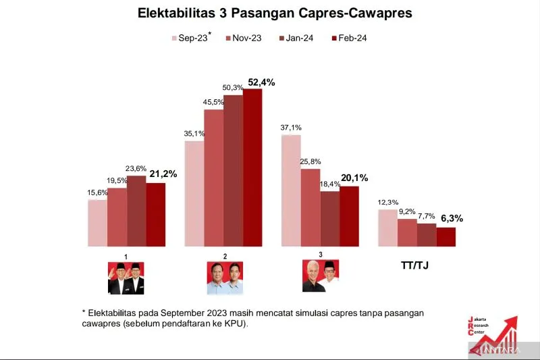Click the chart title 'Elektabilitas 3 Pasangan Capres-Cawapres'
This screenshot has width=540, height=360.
270,13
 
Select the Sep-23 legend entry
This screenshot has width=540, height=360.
191,38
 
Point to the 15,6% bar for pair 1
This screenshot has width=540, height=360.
97,223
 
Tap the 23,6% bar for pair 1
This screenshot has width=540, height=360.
136,211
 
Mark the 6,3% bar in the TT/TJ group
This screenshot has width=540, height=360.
446,237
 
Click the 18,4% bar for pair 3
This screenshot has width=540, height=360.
330,219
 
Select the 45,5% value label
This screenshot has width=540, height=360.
214,103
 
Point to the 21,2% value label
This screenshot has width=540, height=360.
163,174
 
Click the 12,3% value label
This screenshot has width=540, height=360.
388,203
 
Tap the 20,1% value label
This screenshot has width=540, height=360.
354,178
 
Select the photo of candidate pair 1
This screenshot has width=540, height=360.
126,277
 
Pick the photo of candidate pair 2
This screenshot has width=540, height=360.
225,277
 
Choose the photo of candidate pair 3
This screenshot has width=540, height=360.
320,275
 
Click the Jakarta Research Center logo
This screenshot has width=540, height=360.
493,334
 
